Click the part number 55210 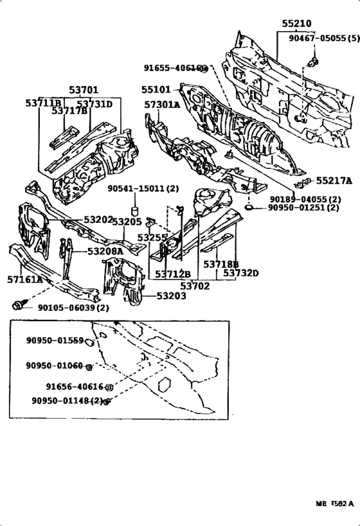[x=296, y=24]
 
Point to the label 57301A [x=162, y=105]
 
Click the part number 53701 [x=84, y=91]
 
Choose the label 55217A [x=334, y=181]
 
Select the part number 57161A [x=25, y=280]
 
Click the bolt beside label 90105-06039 [x=18, y=306]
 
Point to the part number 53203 [x=170, y=296]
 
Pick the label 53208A [x=105, y=252]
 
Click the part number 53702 [x=194, y=286]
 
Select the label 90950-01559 [x=55, y=340]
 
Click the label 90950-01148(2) [x=67, y=401]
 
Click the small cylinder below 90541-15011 [x=136, y=211]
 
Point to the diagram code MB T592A [x=334, y=504]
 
